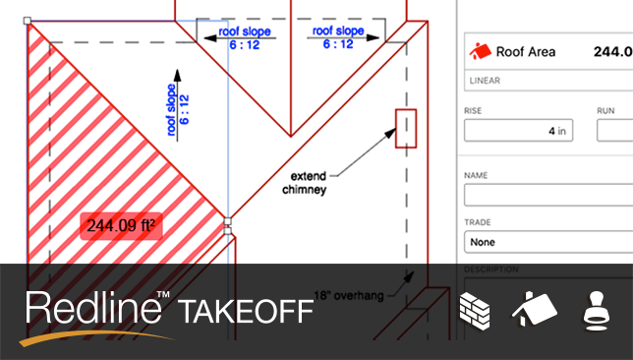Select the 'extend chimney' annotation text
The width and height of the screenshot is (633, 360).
(310, 181)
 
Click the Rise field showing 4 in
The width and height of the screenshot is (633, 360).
(519, 130)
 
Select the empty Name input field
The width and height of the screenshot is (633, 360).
(548, 194)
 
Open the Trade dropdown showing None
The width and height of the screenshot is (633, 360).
(548, 241)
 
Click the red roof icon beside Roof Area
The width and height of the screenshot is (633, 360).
(481, 51)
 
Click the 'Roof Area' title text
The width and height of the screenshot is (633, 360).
(526, 51)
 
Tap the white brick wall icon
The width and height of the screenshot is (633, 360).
(475, 310)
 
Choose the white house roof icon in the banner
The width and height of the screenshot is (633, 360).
(535, 310)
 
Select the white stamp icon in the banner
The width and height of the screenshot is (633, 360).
(597, 310)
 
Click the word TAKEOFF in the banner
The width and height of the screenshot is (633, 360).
(247, 312)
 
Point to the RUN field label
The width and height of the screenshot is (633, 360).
(605, 111)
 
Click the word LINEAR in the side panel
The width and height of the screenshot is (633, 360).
(486, 81)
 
